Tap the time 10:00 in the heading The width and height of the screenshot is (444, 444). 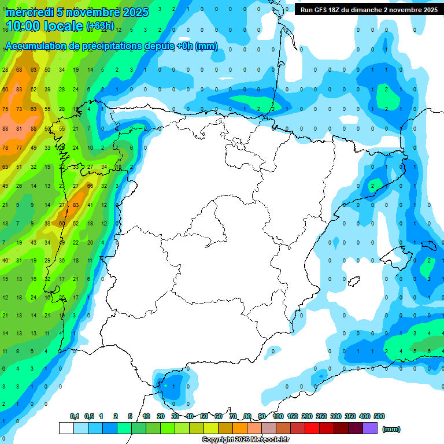[x=27, y=27]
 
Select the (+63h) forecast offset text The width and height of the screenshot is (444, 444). [x=101, y=26]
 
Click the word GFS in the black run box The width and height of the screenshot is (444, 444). [x=323, y=10]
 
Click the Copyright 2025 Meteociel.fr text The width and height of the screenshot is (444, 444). [x=245, y=440]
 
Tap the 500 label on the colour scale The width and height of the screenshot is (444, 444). [x=379, y=416]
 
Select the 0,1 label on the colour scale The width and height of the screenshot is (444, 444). [x=75, y=416]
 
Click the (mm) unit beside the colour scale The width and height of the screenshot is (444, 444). [x=392, y=429]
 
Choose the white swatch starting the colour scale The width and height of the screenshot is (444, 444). [x=66, y=428]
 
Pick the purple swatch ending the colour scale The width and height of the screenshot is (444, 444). [x=370, y=428]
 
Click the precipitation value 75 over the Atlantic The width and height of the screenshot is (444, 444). [x=5, y=109]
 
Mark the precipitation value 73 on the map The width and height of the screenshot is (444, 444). [x=19, y=109]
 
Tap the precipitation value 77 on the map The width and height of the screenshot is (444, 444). [x=19, y=147]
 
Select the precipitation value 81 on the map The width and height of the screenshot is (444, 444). [x=19, y=128]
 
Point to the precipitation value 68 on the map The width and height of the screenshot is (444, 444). [x=19, y=70]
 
